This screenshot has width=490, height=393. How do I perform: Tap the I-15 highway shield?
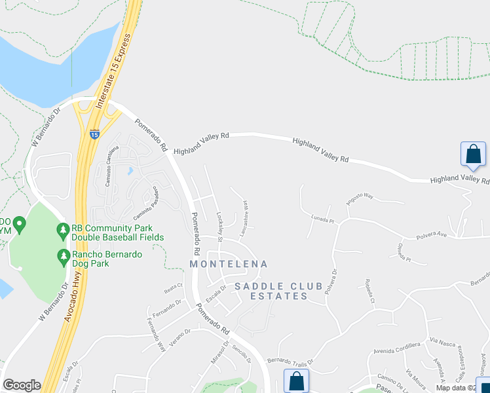(x=94, y=133)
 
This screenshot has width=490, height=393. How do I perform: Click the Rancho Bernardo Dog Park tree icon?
(x=64, y=255)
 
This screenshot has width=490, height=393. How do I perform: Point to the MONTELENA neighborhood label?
(x=229, y=264)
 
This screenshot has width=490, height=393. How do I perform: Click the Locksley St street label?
(x=220, y=225)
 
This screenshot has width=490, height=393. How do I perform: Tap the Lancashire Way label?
(x=244, y=217)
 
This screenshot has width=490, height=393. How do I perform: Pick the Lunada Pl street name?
(x=323, y=219)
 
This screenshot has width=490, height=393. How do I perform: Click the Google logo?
(x=22, y=385)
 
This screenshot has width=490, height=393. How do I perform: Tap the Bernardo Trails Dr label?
(x=290, y=361)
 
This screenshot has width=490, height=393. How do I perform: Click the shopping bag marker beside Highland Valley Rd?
(x=473, y=155)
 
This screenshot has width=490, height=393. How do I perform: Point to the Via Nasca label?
(x=442, y=341)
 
